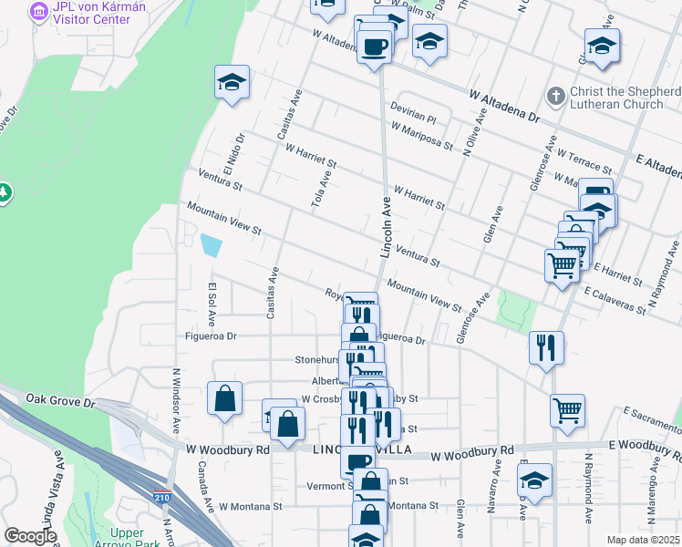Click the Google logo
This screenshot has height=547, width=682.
click(x=30, y=536)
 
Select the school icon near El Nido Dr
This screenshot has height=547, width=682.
click(x=232, y=82)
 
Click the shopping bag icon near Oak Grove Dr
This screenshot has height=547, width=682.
click(x=224, y=398)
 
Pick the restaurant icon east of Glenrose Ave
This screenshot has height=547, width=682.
click(x=546, y=346)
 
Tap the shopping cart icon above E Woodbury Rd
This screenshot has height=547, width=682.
click(x=567, y=410)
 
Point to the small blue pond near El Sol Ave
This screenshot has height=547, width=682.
click(x=211, y=245)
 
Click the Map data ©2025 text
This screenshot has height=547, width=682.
click(x=643, y=540)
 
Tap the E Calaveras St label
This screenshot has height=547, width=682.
click(x=615, y=304)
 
